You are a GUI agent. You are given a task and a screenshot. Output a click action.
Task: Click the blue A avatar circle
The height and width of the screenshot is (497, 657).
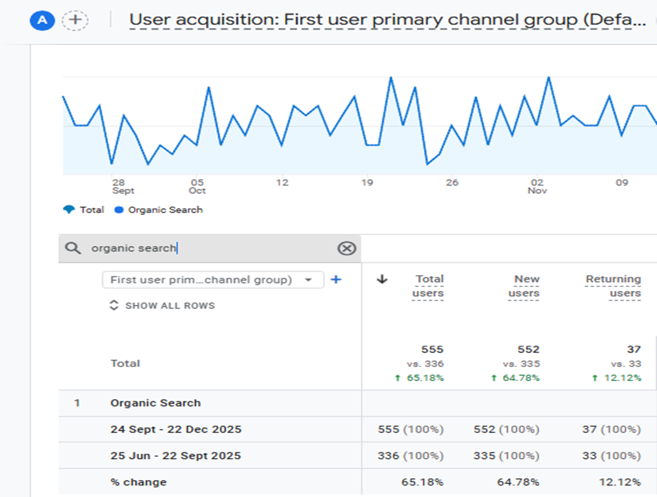click(x=42, y=20)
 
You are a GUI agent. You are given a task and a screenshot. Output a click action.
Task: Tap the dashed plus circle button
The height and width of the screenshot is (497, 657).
click(x=75, y=20)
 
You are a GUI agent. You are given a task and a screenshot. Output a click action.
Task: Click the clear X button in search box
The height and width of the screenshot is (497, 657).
click(x=347, y=249)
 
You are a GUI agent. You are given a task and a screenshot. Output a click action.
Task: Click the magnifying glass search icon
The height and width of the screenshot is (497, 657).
click(x=73, y=248)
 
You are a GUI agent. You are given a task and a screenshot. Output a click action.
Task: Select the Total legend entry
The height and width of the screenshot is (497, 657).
click(x=83, y=210)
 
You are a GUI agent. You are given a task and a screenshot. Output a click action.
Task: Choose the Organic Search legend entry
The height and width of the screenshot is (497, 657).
click(x=159, y=210)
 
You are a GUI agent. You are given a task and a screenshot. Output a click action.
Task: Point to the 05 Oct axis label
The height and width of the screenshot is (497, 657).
click(x=197, y=187)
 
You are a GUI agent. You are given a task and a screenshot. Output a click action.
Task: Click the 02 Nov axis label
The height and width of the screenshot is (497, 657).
click(x=537, y=187)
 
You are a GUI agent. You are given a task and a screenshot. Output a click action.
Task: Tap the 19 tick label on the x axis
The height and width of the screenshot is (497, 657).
click(x=367, y=183)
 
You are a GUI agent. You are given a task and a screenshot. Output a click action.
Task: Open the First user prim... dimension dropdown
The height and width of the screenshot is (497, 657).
click(x=213, y=280)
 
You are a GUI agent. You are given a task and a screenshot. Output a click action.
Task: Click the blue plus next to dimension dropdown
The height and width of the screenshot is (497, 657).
click(x=336, y=280)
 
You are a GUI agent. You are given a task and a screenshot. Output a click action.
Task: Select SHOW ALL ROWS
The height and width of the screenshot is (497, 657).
click(x=162, y=305)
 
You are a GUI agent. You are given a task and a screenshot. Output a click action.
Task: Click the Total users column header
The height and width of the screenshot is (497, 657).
click(x=428, y=286)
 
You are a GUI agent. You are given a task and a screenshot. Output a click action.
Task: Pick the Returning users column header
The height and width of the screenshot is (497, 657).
click(x=613, y=286)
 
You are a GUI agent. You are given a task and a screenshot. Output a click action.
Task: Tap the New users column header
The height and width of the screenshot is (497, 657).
click(x=524, y=286)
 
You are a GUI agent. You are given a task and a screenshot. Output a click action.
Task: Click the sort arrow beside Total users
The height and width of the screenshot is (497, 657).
click(x=382, y=279)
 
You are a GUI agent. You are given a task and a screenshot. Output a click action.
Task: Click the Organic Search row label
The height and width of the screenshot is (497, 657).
click(x=155, y=402)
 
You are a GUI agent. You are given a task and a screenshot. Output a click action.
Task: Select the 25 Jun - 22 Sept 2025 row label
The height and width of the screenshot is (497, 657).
click(x=176, y=456)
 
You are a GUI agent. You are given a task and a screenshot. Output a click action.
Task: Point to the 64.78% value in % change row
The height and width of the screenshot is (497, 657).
click(x=518, y=482)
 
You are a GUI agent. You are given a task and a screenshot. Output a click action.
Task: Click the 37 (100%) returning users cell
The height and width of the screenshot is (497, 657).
click(x=612, y=429)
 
